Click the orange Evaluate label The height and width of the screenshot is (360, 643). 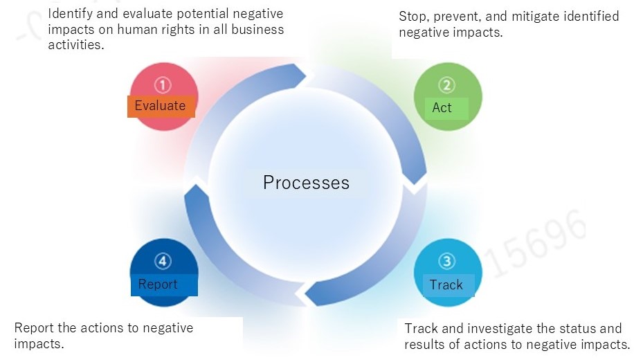click(x=161, y=106)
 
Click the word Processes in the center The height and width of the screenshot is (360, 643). click(x=306, y=183)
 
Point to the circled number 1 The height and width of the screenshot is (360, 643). click(x=163, y=85)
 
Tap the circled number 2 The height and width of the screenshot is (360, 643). click(x=447, y=85)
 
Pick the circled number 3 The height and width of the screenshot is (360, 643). click(x=447, y=261)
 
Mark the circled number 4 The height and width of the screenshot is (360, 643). click(x=163, y=261)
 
